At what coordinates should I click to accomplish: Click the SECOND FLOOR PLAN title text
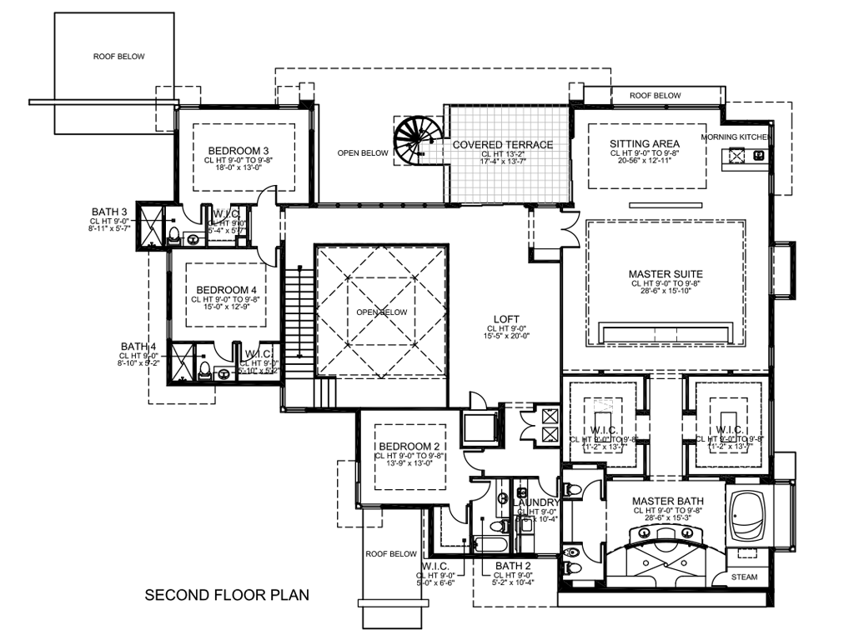pyautogui.click(x=227, y=595)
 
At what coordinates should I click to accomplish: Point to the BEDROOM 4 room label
pyautogui.click(x=220, y=290)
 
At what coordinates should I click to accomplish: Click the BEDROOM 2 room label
pyautogui.click(x=409, y=447)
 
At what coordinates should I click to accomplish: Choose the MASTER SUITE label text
pyautogui.click(x=666, y=274)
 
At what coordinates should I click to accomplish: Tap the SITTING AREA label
pyautogui.click(x=644, y=144)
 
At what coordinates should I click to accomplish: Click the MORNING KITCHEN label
pyautogui.click(x=736, y=137)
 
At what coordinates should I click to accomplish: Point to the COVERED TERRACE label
pyautogui.click(x=503, y=145)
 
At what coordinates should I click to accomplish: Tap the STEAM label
pyautogui.click(x=745, y=577)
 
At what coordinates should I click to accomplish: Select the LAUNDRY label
pyautogui.click(x=535, y=502)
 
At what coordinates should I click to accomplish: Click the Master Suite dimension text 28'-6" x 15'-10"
pyautogui.click(x=666, y=292)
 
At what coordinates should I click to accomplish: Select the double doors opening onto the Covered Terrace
pyautogui.click(x=571, y=225)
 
